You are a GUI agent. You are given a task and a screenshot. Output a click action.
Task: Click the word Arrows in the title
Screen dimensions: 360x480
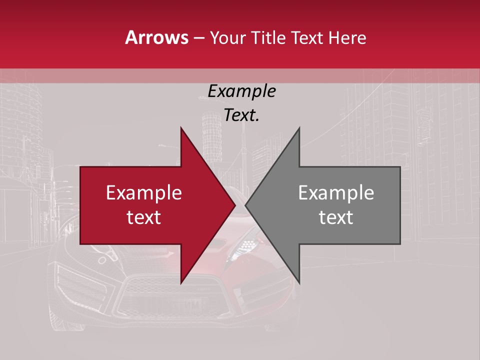pos(157,37)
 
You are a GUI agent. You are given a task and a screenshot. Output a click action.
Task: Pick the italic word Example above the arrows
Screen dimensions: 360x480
pos(241,91)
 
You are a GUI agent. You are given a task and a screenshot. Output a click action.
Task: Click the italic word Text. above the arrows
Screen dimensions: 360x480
pos(241,115)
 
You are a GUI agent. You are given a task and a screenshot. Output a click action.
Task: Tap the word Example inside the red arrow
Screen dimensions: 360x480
pos(144,193)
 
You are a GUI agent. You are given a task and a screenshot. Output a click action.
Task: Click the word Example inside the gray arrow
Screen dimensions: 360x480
pos(336,193)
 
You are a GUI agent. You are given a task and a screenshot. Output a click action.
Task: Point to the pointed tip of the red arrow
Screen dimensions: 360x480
pos(235,205)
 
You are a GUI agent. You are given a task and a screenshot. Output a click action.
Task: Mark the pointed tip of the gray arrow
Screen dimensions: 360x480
pos(245,205)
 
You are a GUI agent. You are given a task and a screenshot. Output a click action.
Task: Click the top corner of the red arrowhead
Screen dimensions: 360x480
pos(181,128)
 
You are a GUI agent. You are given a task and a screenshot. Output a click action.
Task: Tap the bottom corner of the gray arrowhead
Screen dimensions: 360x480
pos(299,283)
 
